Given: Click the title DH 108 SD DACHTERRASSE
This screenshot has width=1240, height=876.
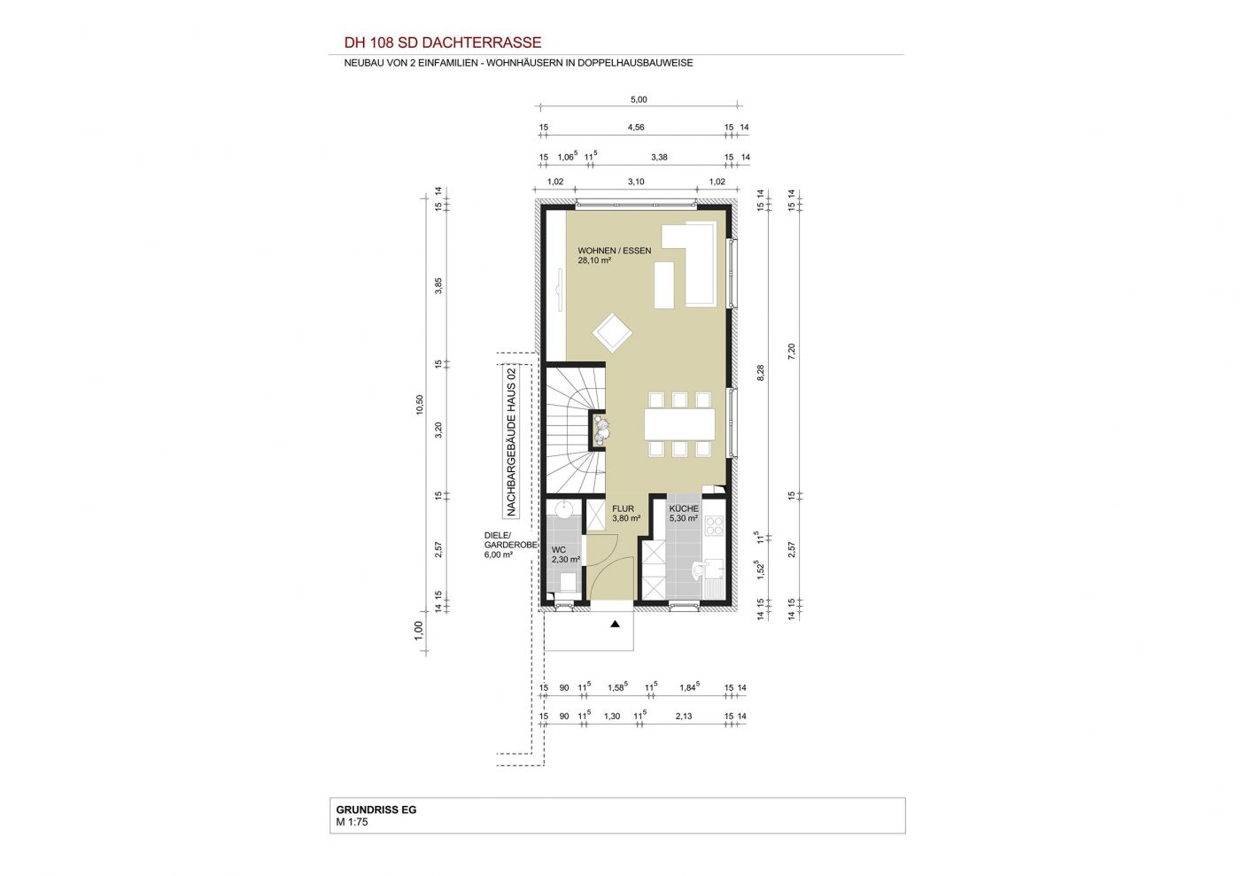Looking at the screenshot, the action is click(442, 43).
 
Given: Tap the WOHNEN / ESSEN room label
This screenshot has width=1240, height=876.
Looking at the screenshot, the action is click(615, 251).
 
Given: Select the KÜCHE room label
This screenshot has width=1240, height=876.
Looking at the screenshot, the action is click(684, 508).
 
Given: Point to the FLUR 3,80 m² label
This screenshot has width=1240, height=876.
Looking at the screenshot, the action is click(626, 514).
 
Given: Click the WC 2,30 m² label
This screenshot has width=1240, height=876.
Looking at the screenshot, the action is click(566, 554).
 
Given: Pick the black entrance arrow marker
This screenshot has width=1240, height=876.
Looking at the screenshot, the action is click(615, 624).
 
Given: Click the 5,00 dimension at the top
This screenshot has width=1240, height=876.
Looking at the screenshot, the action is click(639, 100).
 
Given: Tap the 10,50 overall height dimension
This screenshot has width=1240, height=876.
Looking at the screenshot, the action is click(420, 405).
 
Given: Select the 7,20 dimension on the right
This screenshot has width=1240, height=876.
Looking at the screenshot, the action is click(791, 352).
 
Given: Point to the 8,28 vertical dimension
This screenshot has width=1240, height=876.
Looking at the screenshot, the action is click(761, 373).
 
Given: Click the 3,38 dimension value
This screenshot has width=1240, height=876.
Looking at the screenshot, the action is click(659, 158).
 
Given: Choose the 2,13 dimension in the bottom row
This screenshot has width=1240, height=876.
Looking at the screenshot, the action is click(684, 716).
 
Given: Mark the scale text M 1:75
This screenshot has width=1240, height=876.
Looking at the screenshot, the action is click(353, 822).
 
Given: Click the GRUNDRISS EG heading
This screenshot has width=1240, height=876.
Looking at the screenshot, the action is click(376, 810).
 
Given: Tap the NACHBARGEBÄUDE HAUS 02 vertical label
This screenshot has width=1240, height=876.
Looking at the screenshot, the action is click(511, 442).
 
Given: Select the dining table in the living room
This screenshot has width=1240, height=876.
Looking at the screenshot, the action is click(680, 424).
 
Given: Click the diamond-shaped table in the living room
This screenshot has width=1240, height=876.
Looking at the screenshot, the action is click(612, 333).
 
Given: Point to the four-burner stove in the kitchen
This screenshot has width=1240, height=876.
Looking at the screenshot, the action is click(714, 525).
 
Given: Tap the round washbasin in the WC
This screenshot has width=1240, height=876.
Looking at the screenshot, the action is click(563, 508).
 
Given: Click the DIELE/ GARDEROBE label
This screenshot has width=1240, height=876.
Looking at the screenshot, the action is click(510, 540).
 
